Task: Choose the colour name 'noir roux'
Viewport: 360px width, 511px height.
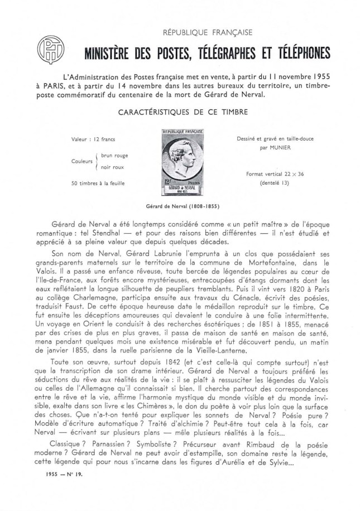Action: point(112,167)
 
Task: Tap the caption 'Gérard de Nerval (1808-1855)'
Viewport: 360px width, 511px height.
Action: point(180,205)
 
